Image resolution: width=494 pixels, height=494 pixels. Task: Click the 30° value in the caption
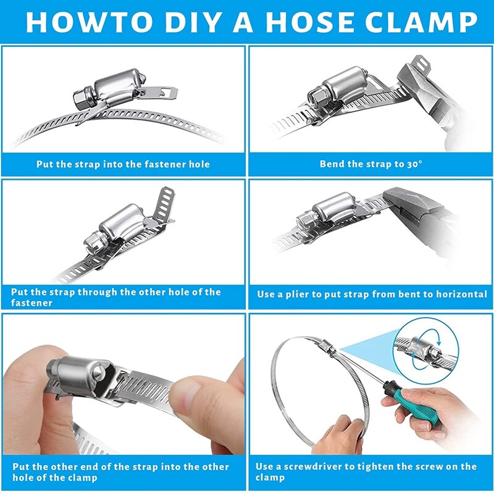(413, 164)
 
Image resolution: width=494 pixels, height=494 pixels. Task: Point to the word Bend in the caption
(332, 164)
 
